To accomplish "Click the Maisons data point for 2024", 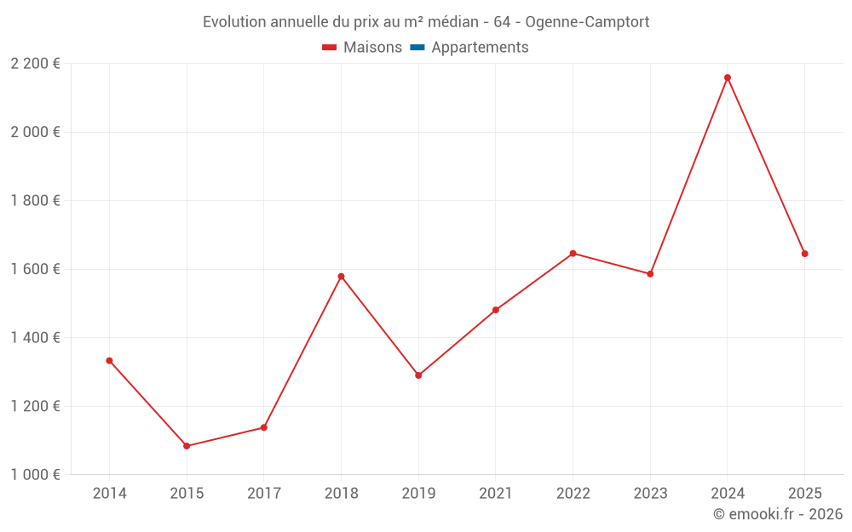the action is coord(728,77).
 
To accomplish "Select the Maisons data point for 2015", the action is coord(187,446).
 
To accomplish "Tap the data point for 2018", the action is coord(342,277).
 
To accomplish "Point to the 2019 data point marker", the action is coord(418,375).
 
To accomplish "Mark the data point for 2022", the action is coord(573,254).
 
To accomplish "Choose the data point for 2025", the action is coord(805,254).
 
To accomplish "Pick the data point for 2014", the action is coord(109,360).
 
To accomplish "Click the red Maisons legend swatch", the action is coord(329,48).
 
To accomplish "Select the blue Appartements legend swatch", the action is coord(417,48).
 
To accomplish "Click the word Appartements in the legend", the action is coord(480,47).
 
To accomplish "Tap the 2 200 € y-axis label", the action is coord(35,64).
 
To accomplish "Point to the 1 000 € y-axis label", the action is coord(35,474).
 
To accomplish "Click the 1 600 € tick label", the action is coord(35,269).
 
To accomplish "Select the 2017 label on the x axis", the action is coord(264,493).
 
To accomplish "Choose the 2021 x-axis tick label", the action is coord(496,493).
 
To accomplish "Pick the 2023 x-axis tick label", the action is coord(650,493).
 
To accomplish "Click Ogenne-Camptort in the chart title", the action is coord(587,22).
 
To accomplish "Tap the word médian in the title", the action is coord(453,22).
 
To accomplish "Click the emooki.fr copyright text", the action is coord(778,513).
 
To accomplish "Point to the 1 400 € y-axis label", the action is coord(35,338).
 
